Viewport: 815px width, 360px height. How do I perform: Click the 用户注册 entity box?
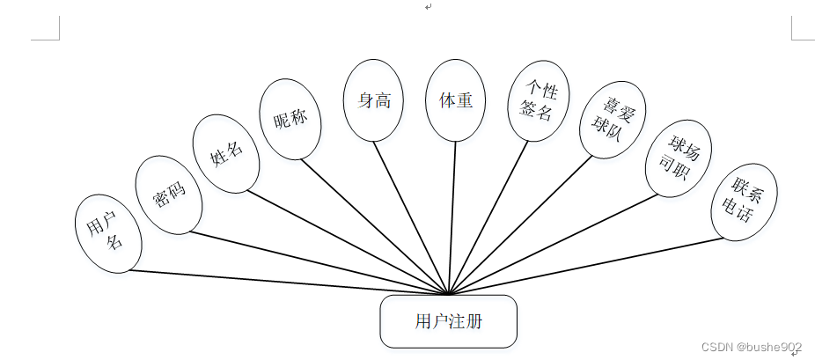448,321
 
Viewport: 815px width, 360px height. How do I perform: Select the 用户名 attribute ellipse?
108,232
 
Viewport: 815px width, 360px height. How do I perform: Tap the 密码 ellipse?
169,195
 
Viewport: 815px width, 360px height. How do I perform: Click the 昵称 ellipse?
290,118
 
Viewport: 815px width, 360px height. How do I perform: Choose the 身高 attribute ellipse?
373,100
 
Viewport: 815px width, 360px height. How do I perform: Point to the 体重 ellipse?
455,100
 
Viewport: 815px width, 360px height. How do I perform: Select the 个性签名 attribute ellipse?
539,100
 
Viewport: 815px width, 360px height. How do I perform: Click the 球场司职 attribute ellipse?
679,158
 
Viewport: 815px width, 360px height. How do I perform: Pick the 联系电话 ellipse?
743,202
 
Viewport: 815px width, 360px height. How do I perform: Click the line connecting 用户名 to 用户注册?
290,282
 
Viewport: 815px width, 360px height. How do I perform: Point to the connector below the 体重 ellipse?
452,211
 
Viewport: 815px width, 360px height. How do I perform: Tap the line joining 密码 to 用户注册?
317,262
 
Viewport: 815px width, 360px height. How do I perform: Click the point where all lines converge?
449,294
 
